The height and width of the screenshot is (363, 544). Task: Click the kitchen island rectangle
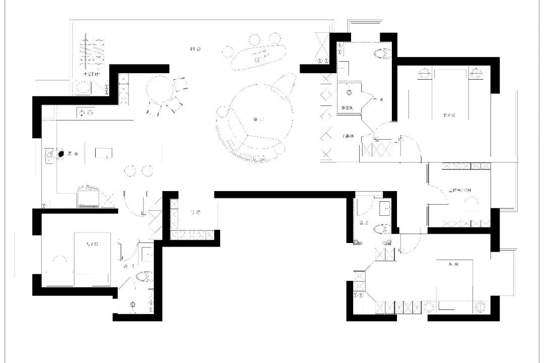[103, 153]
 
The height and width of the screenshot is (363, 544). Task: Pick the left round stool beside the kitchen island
[130, 171]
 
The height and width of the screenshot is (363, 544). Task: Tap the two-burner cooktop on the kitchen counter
[86, 113]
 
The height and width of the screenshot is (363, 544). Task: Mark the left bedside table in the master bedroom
[424, 74]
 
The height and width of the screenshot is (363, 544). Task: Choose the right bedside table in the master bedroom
[474, 74]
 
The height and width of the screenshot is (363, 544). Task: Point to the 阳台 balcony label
[195, 49]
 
